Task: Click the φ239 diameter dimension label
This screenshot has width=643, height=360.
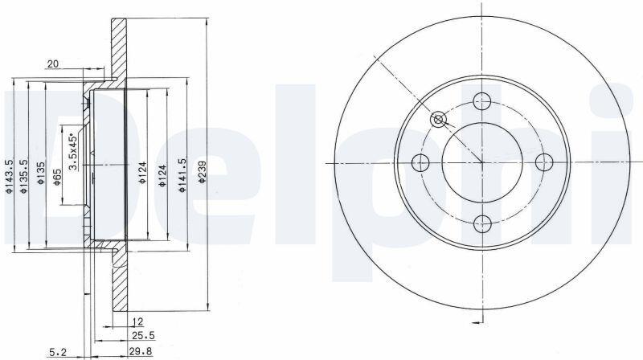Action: pos(202,171)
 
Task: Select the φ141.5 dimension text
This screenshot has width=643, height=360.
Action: pos(182,174)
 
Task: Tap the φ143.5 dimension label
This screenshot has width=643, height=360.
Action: pos(9,176)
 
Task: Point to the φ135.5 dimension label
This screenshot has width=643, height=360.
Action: pos(25,176)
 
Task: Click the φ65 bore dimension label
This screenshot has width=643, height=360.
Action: pos(57,176)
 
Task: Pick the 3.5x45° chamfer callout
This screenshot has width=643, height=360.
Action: pos(73,150)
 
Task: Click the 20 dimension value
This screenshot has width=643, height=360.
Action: pos(53,64)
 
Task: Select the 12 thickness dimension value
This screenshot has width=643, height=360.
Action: pos(137,321)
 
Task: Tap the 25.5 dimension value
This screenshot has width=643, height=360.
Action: pos(143,336)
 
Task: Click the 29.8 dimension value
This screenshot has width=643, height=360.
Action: pos(141,351)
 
